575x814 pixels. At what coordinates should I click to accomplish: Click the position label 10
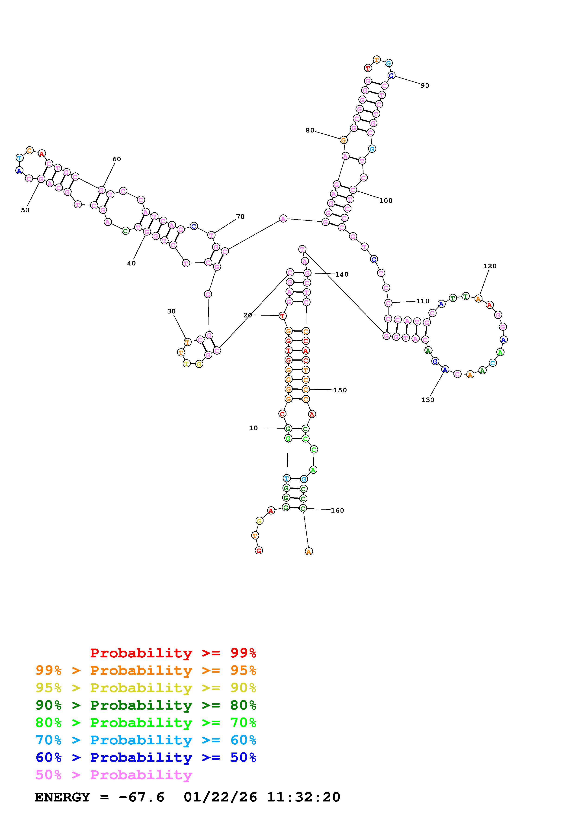pyautogui.click(x=253, y=428)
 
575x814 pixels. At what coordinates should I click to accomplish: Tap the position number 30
pyautogui.click(x=171, y=311)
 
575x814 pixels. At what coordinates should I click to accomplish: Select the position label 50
pyautogui.click(x=25, y=210)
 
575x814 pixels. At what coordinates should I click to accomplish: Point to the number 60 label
pyautogui.click(x=117, y=159)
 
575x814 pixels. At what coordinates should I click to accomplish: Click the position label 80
pyautogui.click(x=310, y=130)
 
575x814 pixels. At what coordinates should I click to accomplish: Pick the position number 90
pyautogui.click(x=425, y=85)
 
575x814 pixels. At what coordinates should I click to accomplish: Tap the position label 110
pyautogui.click(x=423, y=301)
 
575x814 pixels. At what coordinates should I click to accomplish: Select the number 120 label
pyautogui.click(x=490, y=266)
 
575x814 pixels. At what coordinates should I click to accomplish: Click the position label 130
pyautogui.click(x=428, y=400)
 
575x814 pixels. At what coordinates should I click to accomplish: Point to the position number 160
pyautogui.click(x=337, y=510)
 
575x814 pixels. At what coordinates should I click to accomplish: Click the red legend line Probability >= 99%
pyautogui.click(x=173, y=653)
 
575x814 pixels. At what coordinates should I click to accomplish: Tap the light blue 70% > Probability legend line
pyautogui.click(x=146, y=740)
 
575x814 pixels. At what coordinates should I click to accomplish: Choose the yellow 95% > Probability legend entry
pyautogui.click(x=146, y=688)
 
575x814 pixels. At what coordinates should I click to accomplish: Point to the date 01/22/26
pyautogui.click(x=220, y=797)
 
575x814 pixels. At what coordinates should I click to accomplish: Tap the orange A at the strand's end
pyautogui.click(x=308, y=551)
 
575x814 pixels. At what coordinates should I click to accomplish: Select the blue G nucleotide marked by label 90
pyautogui.click(x=391, y=75)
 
